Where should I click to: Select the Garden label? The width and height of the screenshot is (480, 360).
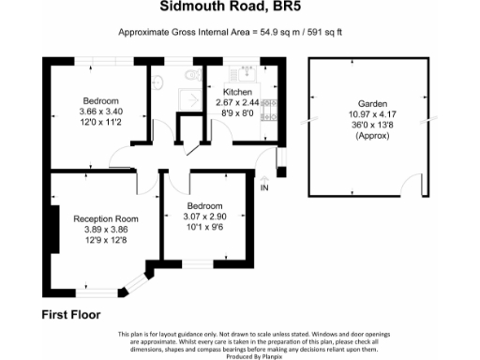coord(372,104)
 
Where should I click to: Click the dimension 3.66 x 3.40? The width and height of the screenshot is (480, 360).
coord(100,112)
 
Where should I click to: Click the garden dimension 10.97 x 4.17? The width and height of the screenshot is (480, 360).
coord(372,115)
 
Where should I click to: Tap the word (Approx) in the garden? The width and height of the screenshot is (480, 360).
coord(372,138)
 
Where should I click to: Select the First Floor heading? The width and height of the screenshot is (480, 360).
coord(71,315)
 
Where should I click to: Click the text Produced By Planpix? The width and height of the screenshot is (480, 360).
coord(240,355)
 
